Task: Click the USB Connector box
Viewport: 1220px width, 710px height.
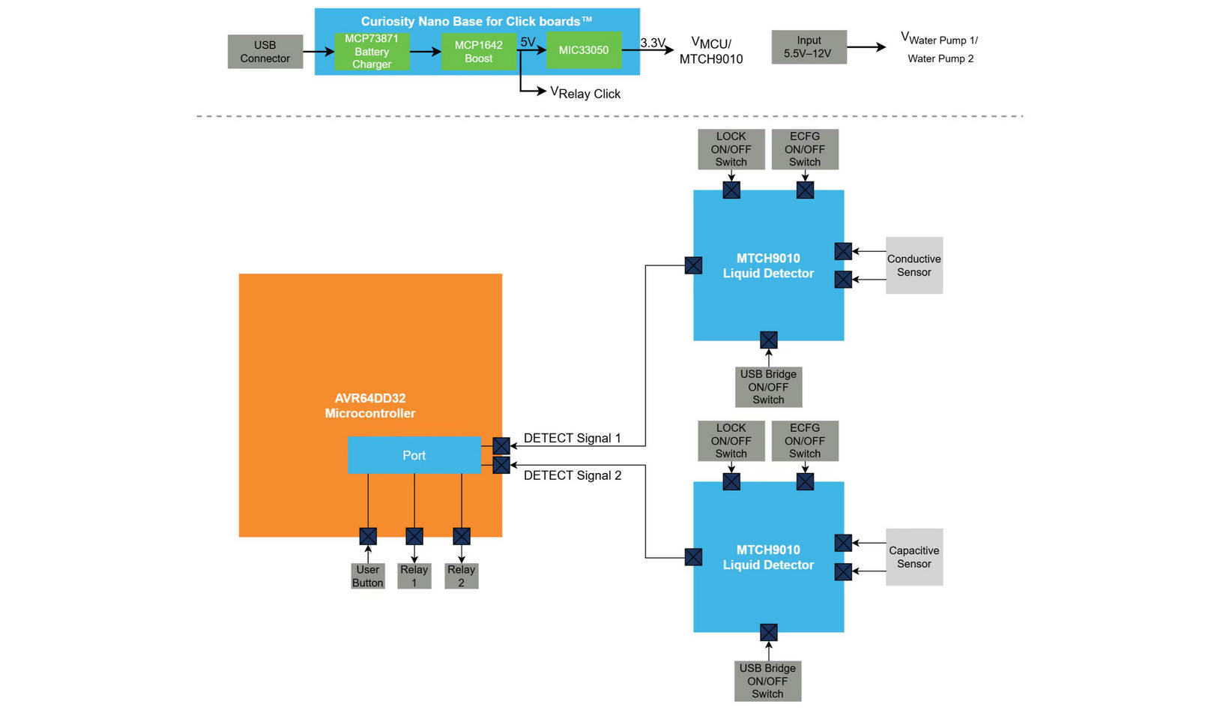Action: point(265,52)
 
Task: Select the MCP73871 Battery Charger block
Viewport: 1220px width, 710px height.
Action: point(372,51)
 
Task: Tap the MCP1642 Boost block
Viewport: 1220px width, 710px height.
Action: point(478,51)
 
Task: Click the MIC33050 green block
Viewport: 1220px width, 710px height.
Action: point(583,50)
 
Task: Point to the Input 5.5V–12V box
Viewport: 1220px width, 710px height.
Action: point(809,46)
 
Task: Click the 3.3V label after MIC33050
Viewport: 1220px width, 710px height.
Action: point(652,43)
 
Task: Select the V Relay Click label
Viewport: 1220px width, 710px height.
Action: point(585,93)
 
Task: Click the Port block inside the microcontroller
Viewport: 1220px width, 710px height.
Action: point(414,455)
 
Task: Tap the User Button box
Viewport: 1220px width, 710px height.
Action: point(367,576)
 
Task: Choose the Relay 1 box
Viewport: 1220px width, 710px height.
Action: point(414,576)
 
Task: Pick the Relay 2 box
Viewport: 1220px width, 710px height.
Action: point(461,576)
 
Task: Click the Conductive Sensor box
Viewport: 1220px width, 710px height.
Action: point(914,265)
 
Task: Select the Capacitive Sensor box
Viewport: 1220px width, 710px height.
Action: point(914,557)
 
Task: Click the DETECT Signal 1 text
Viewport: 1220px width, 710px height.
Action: point(572,438)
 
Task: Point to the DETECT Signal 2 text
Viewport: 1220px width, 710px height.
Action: point(572,475)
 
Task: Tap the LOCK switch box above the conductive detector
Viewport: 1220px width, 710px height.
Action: point(731,149)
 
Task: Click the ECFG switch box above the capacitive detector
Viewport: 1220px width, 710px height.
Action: point(804,441)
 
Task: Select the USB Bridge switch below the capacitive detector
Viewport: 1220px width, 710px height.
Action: point(767,681)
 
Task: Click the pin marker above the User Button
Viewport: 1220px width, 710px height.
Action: point(367,536)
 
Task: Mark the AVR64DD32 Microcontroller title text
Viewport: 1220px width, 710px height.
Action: point(370,406)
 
